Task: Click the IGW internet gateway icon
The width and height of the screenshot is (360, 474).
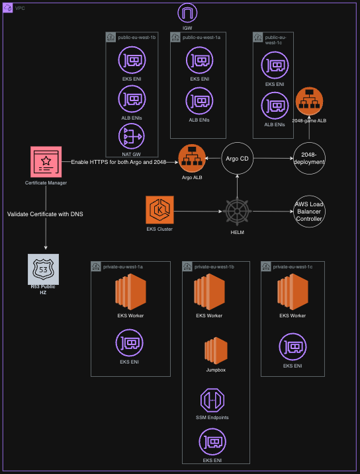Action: point(187,13)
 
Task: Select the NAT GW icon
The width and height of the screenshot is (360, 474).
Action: point(131,136)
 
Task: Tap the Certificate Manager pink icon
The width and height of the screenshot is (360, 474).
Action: point(46,162)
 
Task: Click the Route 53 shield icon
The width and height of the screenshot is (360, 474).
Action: point(43,269)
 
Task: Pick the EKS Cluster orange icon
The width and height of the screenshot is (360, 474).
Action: point(159,210)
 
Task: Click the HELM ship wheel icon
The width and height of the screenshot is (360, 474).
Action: point(237,212)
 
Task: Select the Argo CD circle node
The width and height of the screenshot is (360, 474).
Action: point(237,159)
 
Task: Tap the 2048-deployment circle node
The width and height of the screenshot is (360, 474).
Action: point(309,159)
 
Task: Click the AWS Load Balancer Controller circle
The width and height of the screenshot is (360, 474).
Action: point(309,212)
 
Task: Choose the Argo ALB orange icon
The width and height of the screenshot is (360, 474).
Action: point(192,159)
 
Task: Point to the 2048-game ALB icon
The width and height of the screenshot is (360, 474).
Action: point(309,101)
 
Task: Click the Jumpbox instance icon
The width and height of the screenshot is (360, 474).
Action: point(216,350)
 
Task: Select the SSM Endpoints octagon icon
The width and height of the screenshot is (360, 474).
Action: point(212,400)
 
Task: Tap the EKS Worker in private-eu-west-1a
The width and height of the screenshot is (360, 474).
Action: point(130,292)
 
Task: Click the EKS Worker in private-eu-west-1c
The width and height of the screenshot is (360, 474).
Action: point(293,292)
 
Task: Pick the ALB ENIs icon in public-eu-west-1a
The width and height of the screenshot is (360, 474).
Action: point(199,101)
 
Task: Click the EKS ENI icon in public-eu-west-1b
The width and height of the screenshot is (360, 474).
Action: point(132,60)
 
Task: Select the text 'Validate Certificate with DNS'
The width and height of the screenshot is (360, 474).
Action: point(45,214)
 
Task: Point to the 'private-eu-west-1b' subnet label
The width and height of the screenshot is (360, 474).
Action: point(214,266)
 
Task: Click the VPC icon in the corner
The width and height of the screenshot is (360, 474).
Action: point(7,8)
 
